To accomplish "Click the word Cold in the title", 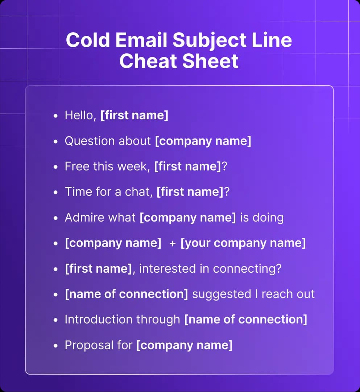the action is (x=88, y=40).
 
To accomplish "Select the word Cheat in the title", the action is (x=148, y=61).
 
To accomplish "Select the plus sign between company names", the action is (x=173, y=243).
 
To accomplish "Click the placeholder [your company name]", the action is (x=243, y=243).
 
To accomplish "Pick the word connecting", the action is (x=247, y=269).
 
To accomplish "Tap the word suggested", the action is (x=222, y=294).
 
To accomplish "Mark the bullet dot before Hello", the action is (x=55, y=116).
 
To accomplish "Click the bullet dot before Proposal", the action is (x=55, y=346).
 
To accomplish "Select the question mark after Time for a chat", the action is (x=227, y=191).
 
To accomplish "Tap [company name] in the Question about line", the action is (x=203, y=141).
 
